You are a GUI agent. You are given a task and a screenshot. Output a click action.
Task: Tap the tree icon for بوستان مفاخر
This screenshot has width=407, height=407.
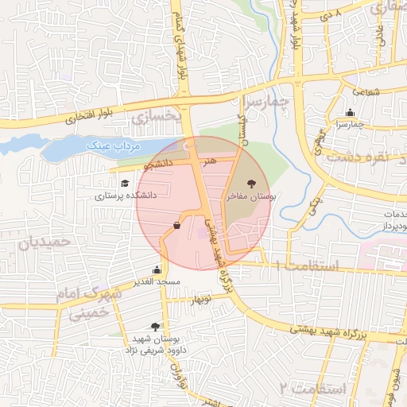point(251,183)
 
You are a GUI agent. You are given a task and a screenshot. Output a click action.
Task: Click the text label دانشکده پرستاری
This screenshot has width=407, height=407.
point(126,195)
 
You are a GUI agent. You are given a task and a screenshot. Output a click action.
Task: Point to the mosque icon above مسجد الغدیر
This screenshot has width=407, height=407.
point(157,270)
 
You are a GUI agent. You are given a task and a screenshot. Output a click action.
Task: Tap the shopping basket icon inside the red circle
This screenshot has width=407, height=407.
point(176,225)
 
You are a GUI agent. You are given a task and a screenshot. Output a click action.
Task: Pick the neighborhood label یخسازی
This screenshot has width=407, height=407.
point(156,118)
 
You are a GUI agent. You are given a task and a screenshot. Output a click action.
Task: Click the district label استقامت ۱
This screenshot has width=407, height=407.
point(306,266)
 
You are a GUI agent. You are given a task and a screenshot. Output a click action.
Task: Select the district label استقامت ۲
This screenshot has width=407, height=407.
point(313,389)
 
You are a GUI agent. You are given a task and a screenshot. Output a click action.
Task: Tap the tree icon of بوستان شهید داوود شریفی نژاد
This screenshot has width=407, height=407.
point(155,327)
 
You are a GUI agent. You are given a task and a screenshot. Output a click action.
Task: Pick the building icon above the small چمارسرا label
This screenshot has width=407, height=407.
point(351,113)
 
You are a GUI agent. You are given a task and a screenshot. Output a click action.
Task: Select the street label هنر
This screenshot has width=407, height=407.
point(209,161)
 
